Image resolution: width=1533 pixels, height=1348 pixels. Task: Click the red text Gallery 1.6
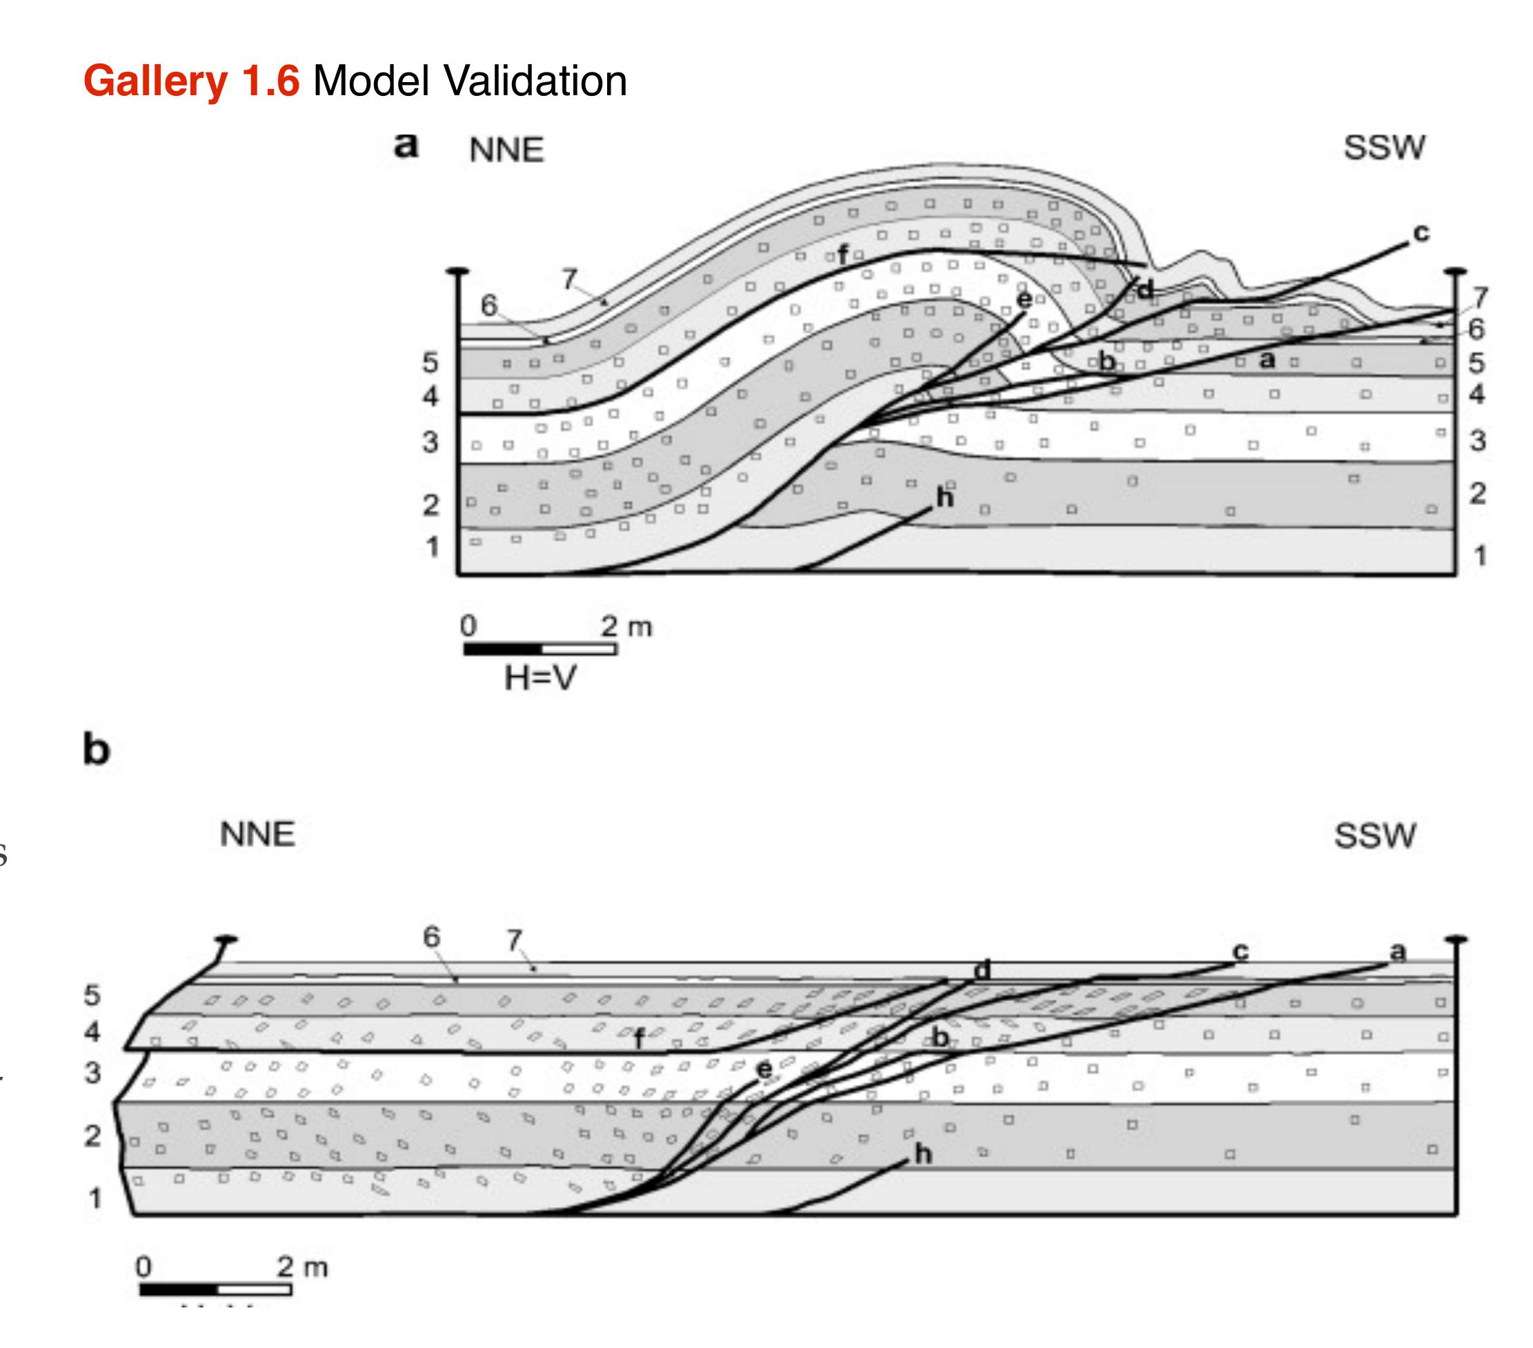(x=191, y=81)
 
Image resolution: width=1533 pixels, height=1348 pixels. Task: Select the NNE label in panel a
(x=506, y=151)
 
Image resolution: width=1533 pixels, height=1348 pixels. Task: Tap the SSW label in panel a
(x=1384, y=148)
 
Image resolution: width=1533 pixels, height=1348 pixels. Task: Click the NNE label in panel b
(x=257, y=835)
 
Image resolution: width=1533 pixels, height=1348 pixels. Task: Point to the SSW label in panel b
(x=1375, y=835)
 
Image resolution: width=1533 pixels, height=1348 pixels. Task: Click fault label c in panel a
(x=1421, y=233)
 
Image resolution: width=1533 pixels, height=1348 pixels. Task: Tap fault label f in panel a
(x=843, y=256)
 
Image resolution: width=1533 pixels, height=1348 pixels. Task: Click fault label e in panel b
(x=764, y=1069)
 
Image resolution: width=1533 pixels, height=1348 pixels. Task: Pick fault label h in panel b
(x=923, y=1154)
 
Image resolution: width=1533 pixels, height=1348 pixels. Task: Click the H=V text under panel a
(x=540, y=678)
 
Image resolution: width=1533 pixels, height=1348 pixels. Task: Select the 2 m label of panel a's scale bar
(x=626, y=626)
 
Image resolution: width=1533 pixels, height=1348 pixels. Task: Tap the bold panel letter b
(x=96, y=749)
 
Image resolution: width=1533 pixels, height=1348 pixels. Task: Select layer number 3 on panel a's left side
(x=430, y=442)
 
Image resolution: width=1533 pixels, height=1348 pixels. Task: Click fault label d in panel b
(x=982, y=970)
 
